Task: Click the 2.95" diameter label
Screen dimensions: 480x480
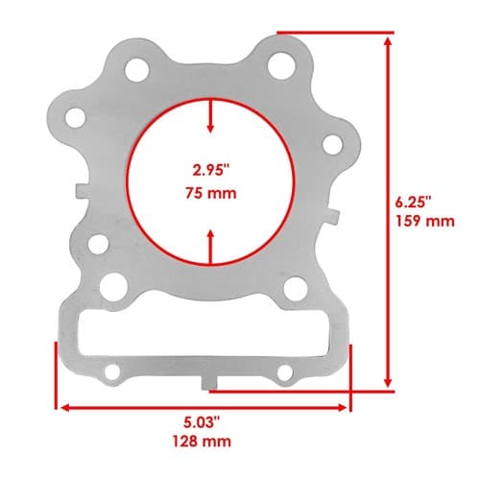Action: [211, 170]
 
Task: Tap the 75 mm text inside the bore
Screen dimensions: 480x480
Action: [211, 193]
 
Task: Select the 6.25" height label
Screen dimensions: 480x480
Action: [413, 203]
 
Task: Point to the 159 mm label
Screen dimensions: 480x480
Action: [425, 221]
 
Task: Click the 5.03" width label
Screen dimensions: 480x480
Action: [203, 422]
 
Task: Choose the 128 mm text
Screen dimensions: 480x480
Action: [202, 442]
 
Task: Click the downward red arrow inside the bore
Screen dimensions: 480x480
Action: [210, 116]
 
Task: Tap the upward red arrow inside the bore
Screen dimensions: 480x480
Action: [210, 247]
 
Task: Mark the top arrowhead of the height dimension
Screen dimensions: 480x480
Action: [388, 42]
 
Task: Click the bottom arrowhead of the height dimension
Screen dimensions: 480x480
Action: [388, 381]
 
